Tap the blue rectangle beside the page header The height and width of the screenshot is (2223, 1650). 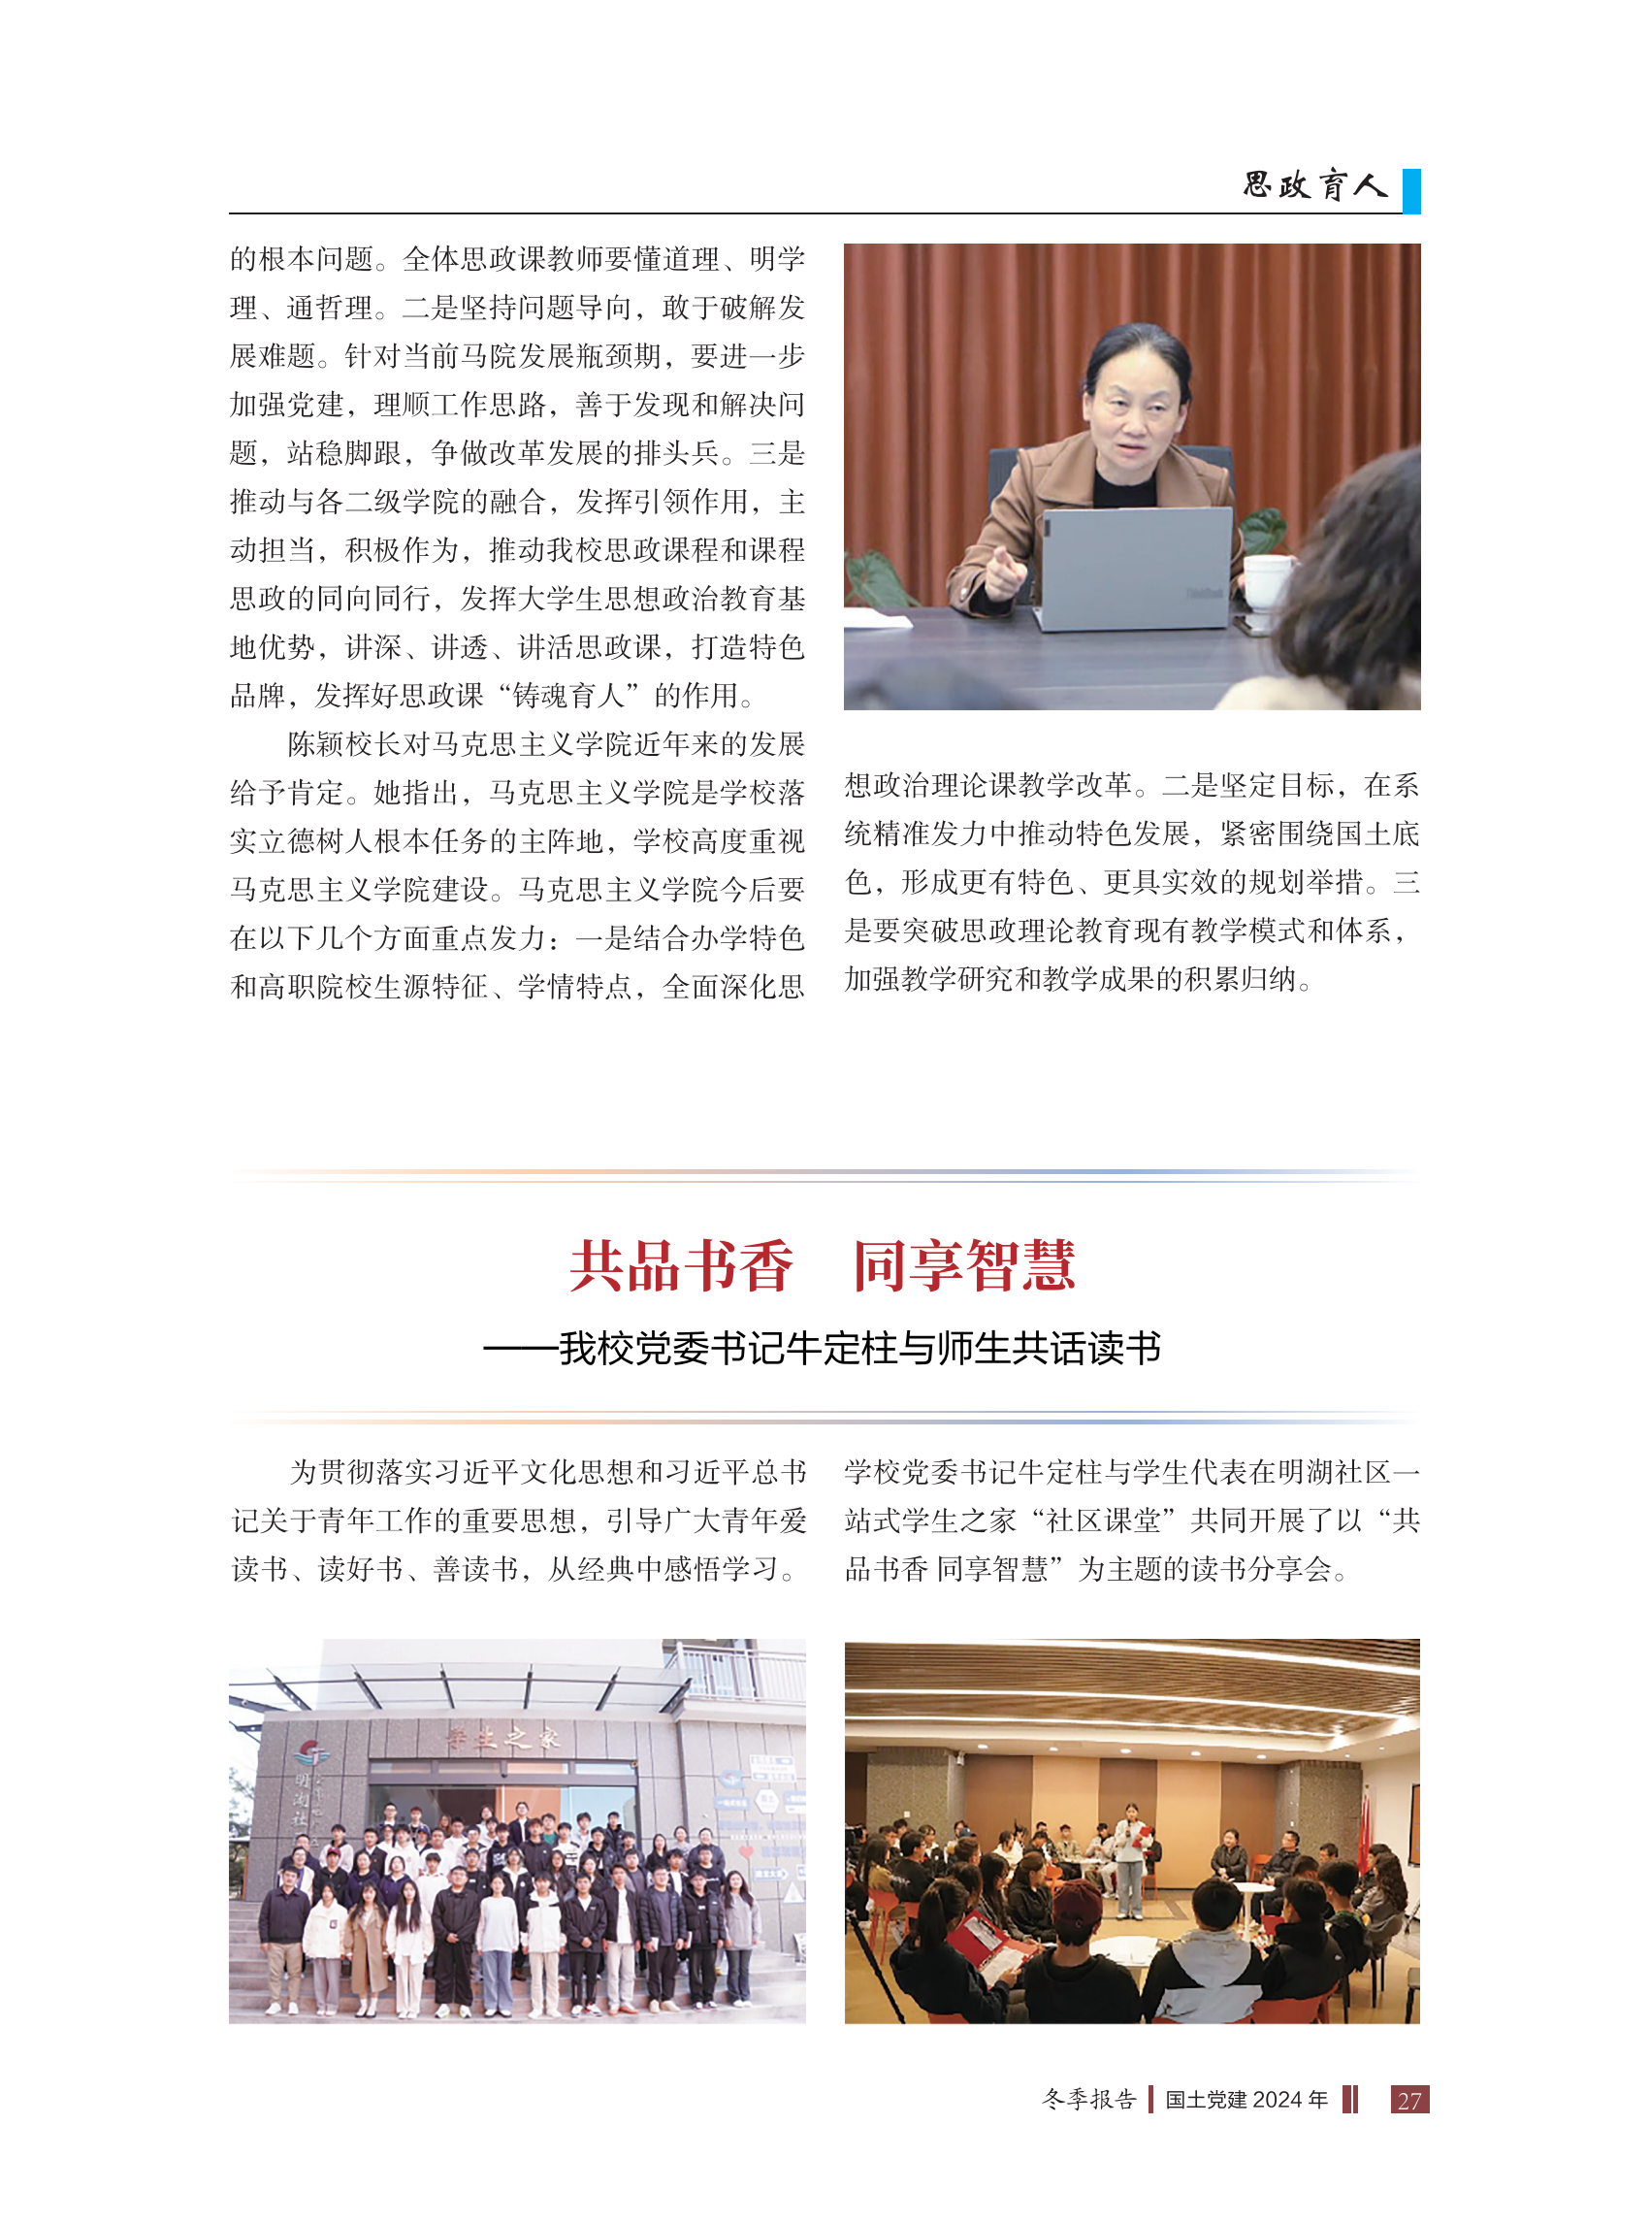coord(1410,191)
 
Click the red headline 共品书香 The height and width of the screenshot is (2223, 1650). coord(681,1266)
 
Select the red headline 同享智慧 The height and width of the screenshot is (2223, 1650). coord(964,1266)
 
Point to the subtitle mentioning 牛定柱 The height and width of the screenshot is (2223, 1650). coord(823,1349)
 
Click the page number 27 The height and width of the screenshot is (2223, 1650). coord(1408,2100)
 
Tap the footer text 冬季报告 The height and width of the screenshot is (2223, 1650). coord(1088,2099)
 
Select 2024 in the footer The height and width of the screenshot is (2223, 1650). coord(1276,2100)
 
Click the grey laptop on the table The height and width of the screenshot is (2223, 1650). coord(1137,565)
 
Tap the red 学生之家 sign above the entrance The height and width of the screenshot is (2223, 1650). coord(503,1740)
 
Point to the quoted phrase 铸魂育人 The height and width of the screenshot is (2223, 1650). coord(569,696)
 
